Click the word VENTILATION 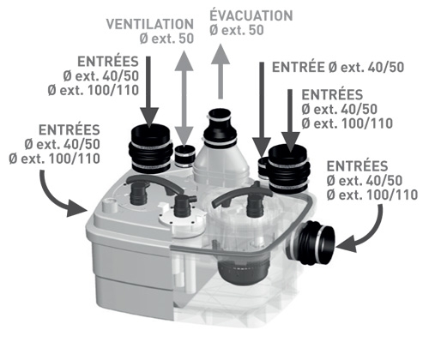click(150, 24)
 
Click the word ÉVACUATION click(251, 15)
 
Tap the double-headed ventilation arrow click(184, 96)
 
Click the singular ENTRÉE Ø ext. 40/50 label click(338, 68)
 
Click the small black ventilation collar click(184, 156)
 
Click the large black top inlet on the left click(150, 148)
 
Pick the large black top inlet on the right click(289, 168)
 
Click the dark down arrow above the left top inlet click(148, 92)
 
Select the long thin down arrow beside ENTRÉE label click(262, 109)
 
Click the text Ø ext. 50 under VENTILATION click(167, 39)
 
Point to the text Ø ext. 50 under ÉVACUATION click(237, 30)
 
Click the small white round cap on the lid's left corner click(109, 205)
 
